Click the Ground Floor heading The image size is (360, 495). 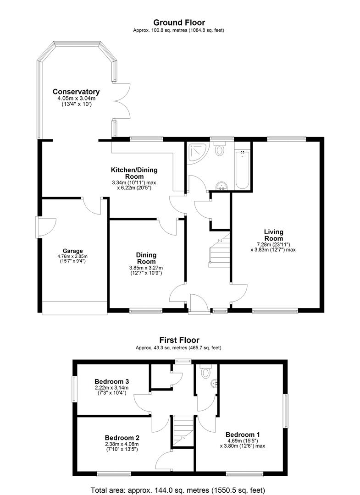tap(179, 22)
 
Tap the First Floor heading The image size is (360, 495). tap(179, 340)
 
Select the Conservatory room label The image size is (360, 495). tap(76, 92)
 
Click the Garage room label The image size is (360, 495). tap(72, 251)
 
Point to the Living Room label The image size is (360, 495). tap(273, 235)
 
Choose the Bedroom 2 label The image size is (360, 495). tap(122, 438)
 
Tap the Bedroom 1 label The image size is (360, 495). tap(243, 434)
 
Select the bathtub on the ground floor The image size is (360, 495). tap(242, 170)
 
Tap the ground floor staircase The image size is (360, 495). tap(219, 251)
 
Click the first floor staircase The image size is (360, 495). tap(183, 430)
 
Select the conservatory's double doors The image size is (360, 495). tap(122, 101)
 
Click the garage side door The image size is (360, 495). tap(46, 227)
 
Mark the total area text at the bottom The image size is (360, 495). tap(178, 490)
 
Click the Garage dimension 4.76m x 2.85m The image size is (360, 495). tap(72, 256)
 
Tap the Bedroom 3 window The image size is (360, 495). tap(75, 389)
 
